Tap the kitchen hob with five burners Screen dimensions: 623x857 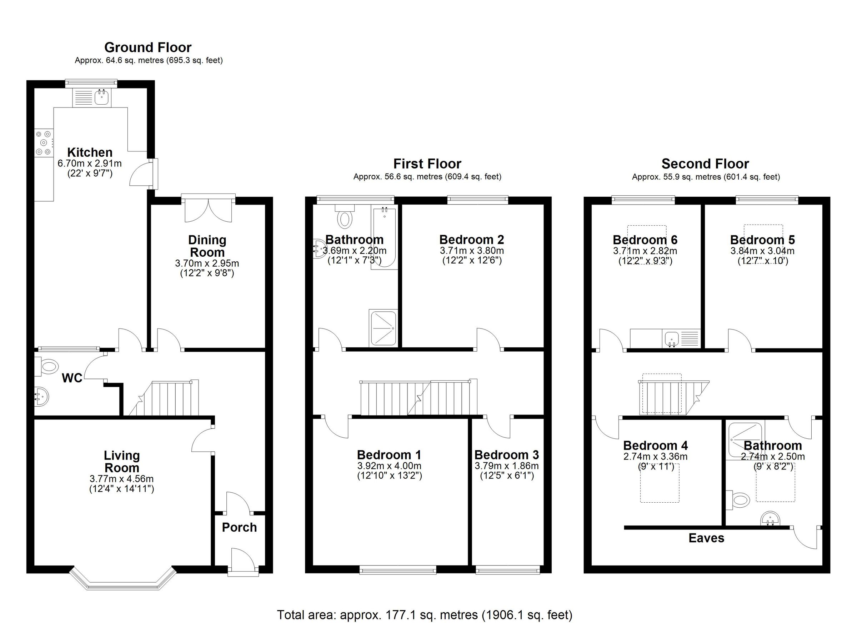tap(44, 143)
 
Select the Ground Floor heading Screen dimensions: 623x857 tap(148, 47)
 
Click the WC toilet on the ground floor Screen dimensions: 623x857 tap(47, 366)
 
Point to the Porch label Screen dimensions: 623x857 tap(239, 527)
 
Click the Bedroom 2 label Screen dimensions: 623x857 tap(472, 240)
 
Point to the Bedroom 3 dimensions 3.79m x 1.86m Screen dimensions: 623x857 tap(507, 466)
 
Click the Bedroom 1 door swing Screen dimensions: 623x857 tap(336, 429)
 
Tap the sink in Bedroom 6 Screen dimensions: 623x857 tap(671, 337)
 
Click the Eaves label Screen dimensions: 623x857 tap(706, 538)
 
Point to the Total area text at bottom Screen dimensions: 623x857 tap(424, 615)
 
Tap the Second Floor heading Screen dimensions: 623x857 tap(705, 164)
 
